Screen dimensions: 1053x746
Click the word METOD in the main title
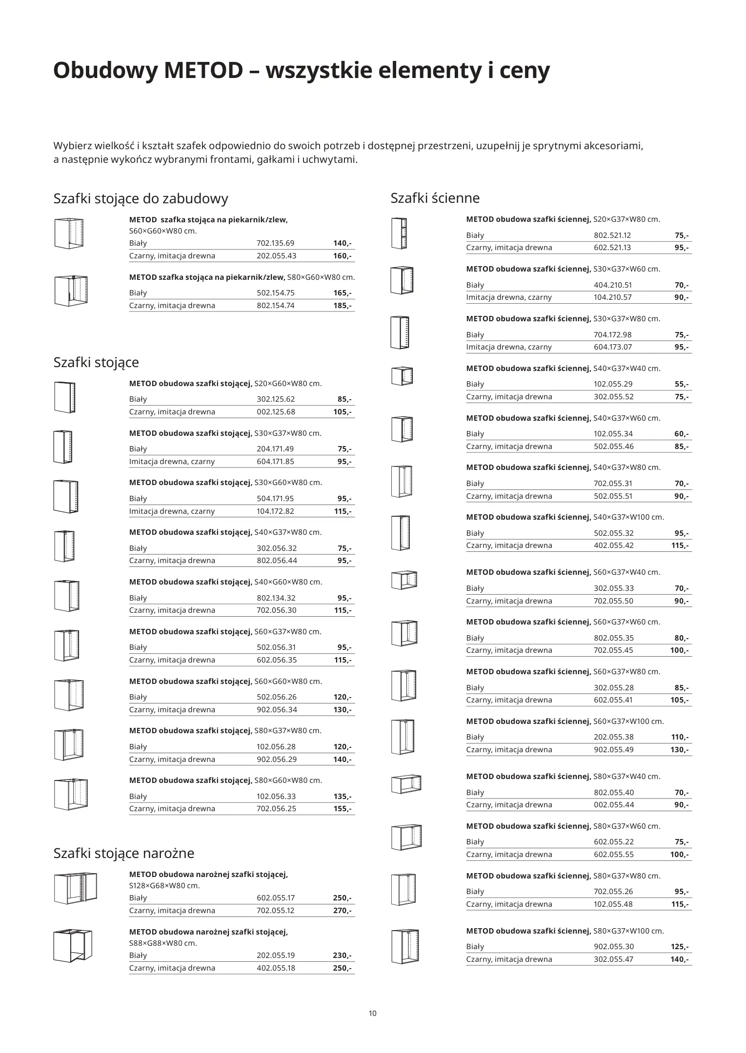coord(202,71)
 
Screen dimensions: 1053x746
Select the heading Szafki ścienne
coord(435,198)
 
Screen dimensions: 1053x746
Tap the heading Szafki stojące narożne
coord(123,853)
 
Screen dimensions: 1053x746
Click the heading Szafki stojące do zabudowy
coord(141,199)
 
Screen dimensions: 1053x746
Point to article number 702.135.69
coord(275,243)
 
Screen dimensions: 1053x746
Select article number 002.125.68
coord(276,412)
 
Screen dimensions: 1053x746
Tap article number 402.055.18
coord(276,968)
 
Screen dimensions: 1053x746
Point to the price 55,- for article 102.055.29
coord(681,384)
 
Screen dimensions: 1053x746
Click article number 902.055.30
coord(613,947)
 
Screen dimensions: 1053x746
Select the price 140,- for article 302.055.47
coord(679,959)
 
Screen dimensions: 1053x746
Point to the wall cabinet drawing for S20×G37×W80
coord(399,234)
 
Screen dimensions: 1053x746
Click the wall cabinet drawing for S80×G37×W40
coord(406,784)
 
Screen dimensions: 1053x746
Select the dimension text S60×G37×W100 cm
coord(628,721)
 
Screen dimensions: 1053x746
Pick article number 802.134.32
coord(276,598)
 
